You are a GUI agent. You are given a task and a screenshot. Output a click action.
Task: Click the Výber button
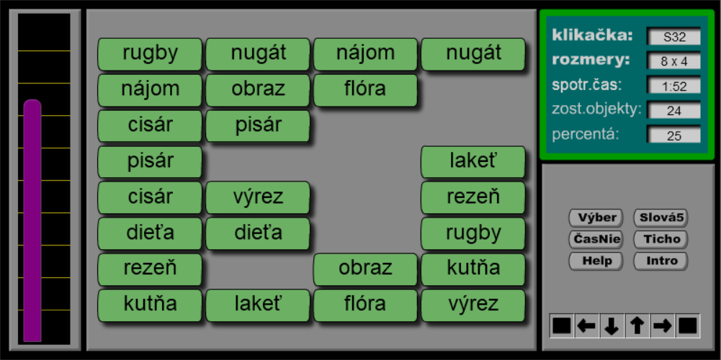coord(596,217)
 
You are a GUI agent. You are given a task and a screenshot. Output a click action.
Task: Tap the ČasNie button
coord(596,239)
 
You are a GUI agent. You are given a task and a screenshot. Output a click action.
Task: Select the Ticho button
coord(660,239)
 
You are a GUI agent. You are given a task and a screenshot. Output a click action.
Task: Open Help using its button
coord(596,261)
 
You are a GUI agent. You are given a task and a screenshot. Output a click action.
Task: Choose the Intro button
coord(660,261)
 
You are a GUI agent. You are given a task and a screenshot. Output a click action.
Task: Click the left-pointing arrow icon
coord(586,326)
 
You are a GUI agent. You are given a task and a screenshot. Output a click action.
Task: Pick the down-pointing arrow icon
coord(612,326)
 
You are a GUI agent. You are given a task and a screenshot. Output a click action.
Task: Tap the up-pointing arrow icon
coord(637,326)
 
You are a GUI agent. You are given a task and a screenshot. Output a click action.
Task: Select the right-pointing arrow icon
coord(662,326)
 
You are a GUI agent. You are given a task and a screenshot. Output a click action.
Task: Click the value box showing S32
coord(674,37)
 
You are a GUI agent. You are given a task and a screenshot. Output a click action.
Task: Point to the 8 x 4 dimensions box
coord(674,61)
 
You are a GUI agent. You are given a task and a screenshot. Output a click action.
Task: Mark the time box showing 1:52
coord(674,86)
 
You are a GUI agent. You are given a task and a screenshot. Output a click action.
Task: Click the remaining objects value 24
coord(674,110)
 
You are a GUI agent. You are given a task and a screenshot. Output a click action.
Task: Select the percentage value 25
coord(674,135)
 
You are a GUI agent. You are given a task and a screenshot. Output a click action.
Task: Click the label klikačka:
coord(593,35)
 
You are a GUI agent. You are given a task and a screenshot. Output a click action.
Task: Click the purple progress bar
coord(32,221)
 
